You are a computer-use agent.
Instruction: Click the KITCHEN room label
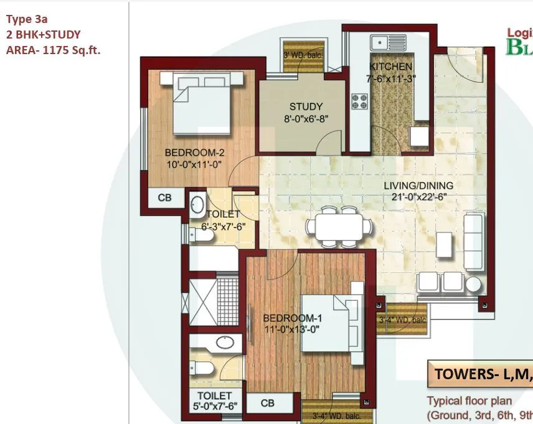pos(390,67)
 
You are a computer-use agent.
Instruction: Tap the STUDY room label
pos(305,106)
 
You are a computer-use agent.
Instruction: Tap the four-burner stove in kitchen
pos(360,101)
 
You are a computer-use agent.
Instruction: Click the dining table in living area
pos(341,228)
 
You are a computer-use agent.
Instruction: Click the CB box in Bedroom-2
pos(164,198)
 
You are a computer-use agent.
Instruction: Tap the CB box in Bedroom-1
pos(268,403)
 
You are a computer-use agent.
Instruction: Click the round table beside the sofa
pos(474,284)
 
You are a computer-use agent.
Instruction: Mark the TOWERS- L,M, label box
pos(479,374)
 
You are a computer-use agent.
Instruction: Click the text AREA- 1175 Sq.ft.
pos(53,50)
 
